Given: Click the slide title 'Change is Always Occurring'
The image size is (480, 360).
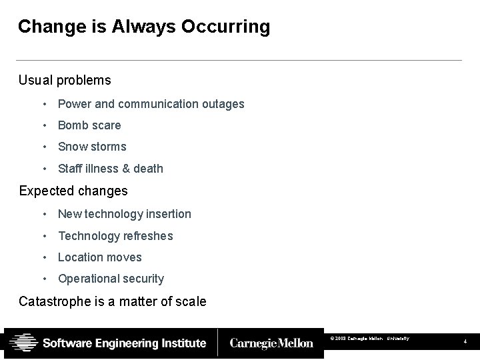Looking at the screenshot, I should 144,27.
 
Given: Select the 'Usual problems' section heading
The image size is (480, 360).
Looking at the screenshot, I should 65,80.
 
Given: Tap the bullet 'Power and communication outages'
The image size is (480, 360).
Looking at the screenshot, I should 151,104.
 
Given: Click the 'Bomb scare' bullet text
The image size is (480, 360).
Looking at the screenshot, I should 89,125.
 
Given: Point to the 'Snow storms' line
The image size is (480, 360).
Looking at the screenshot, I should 92,147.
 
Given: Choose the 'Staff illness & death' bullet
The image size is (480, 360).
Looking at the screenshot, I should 111,169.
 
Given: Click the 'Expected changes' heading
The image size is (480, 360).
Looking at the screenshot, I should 73,191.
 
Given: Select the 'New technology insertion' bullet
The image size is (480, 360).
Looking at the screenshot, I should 125,214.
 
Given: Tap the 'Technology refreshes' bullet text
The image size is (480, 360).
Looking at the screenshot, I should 115,236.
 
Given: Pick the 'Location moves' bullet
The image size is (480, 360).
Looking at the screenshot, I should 100,257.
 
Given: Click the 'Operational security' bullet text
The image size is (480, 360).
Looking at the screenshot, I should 111,279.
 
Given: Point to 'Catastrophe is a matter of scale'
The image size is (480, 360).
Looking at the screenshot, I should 113,301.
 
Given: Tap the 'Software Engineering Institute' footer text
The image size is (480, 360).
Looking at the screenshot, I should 125,343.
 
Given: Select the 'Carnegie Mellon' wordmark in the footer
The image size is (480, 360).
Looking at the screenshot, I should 271,343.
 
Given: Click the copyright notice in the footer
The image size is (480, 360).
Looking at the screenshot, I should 370,339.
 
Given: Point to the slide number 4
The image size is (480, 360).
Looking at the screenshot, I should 466,342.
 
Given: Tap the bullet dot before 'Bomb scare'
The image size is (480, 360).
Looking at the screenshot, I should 43,125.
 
